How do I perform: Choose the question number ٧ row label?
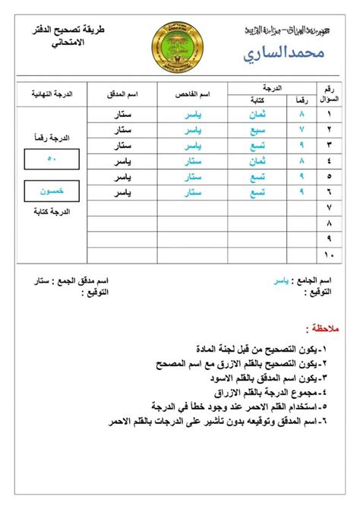click(x=328, y=207)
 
